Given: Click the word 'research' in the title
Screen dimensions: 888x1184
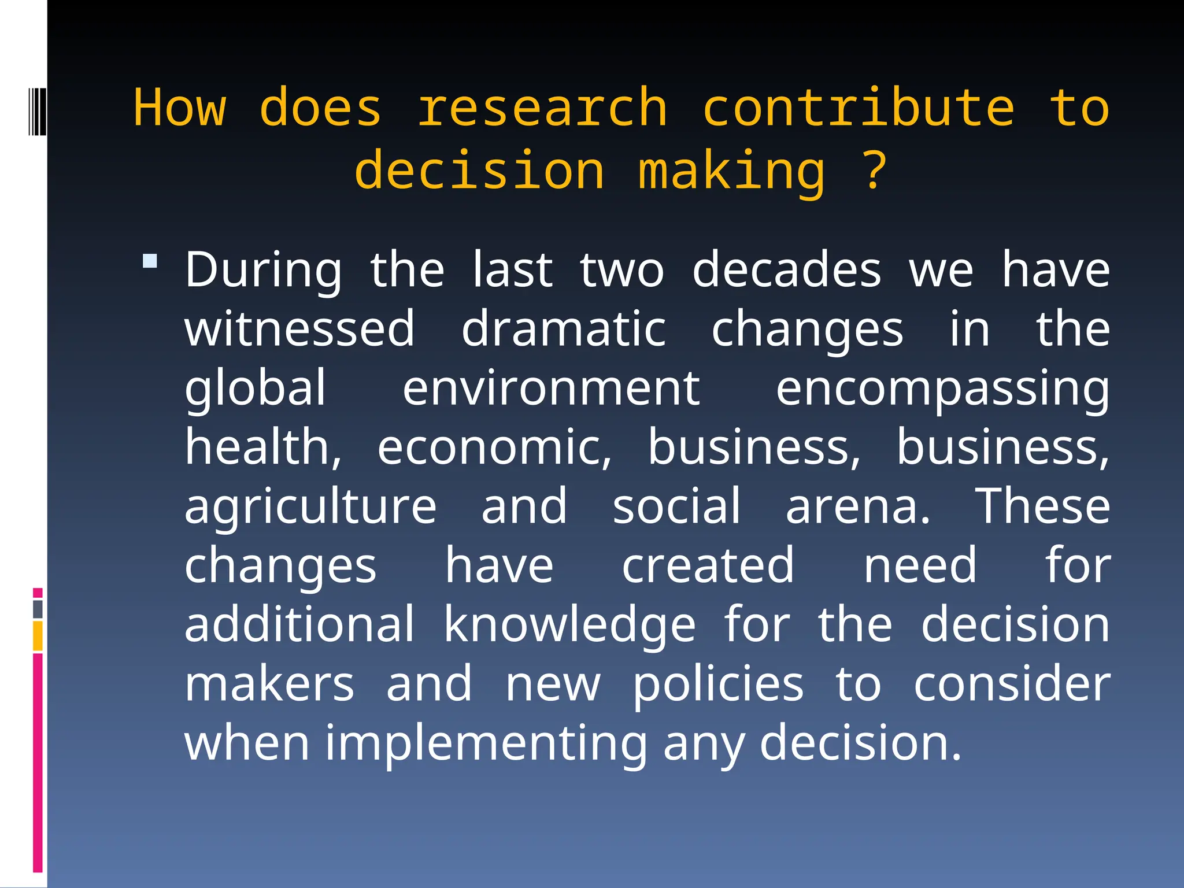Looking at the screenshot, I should coord(542,109).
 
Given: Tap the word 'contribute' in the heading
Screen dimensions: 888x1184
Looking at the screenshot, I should coord(859,109).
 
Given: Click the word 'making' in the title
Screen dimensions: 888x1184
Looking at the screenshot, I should coord(732,171).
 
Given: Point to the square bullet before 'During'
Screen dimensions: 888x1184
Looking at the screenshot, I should coord(150,261).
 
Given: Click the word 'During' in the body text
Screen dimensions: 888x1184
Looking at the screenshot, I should coord(264,271).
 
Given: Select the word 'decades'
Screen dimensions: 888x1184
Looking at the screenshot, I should coord(787,271).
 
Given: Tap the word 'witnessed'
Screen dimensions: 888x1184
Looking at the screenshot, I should coord(299,329).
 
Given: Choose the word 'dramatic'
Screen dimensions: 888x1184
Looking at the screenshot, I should coord(564,329).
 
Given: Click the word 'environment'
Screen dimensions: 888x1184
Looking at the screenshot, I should coord(552,388).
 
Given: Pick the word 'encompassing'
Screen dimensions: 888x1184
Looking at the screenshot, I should coord(942,390).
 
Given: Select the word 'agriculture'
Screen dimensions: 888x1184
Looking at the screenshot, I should coord(310,507).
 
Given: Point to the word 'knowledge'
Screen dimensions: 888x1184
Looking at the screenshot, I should coord(569,626).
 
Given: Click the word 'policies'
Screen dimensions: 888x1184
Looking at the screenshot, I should coord(718,684).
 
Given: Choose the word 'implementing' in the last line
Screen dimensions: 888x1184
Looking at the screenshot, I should coord(486,744).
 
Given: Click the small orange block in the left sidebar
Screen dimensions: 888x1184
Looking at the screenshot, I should coord(38,636).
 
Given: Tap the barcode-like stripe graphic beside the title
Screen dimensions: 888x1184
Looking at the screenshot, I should coord(38,110).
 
